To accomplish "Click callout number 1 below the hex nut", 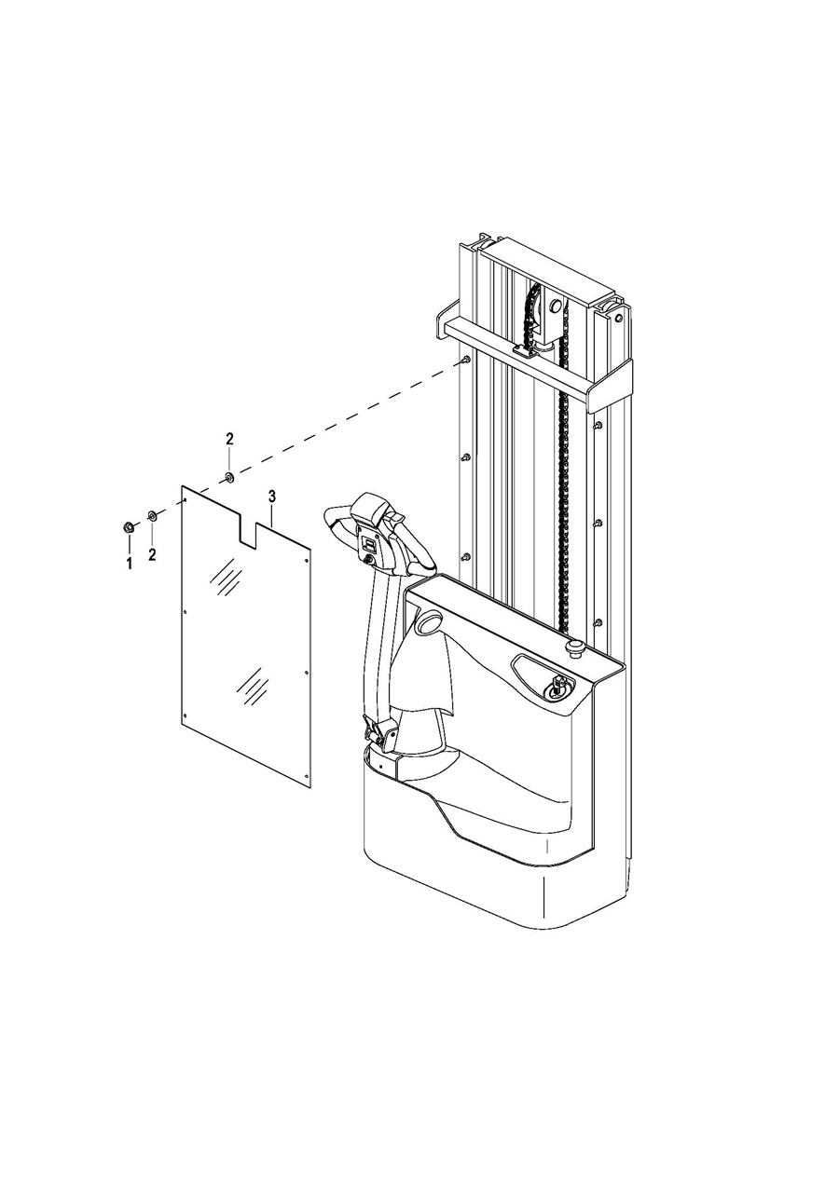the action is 130,564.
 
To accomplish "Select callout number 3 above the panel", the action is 272,497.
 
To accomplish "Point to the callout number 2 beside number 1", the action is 153,554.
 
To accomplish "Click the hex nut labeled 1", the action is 128,527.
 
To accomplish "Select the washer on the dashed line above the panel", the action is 229,477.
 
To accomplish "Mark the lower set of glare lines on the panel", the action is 251,686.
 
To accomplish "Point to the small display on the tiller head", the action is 369,543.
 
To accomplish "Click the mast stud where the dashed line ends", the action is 465,360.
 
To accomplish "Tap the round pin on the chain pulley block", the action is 555,306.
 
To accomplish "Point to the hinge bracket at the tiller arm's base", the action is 380,735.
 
